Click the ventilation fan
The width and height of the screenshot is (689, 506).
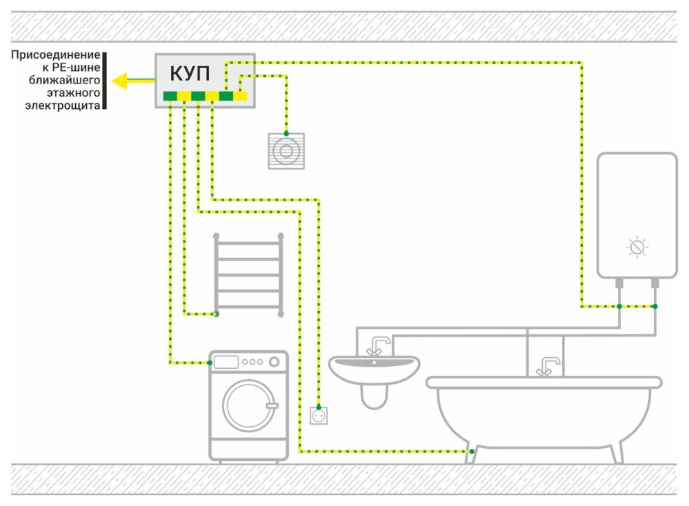[x=285, y=150]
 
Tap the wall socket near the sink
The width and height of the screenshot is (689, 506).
[x=319, y=416]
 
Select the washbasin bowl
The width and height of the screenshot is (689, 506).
[x=374, y=368]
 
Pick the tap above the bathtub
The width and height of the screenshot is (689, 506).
[x=546, y=365]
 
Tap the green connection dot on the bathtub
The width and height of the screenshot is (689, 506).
[x=471, y=452]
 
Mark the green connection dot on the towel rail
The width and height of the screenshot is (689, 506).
[x=216, y=314]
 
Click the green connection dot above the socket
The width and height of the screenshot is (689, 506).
[x=319, y=407]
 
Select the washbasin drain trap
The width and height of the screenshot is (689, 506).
[x=375, y=396]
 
